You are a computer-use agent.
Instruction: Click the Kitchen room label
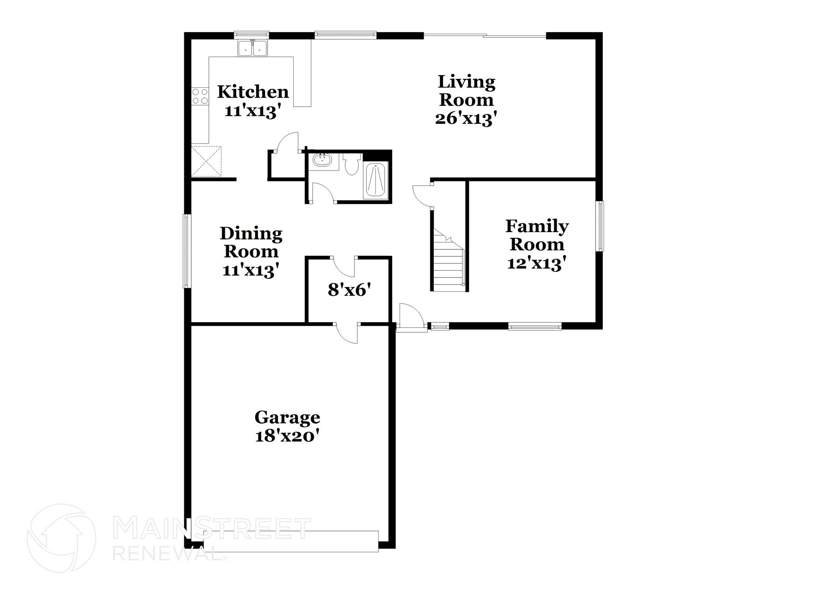click(253, 92)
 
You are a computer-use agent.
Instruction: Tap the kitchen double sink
click(253, 48)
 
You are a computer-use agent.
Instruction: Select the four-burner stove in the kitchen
click(200, 97)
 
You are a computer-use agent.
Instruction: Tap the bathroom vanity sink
click(322, 161)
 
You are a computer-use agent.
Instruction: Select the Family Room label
click(537, 235)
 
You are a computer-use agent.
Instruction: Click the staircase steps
click(449, 266)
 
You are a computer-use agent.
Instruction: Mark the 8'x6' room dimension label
click(348, 290)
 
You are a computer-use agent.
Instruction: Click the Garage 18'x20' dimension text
click(287, 436)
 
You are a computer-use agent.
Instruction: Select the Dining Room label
click(251, 242)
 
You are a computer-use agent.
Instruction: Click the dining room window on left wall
click(187, 251)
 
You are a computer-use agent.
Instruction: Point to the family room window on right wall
click(599, 226)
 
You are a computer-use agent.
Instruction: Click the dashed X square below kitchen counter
click(206, 161)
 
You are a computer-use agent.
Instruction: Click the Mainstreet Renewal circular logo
click(62, 538)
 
